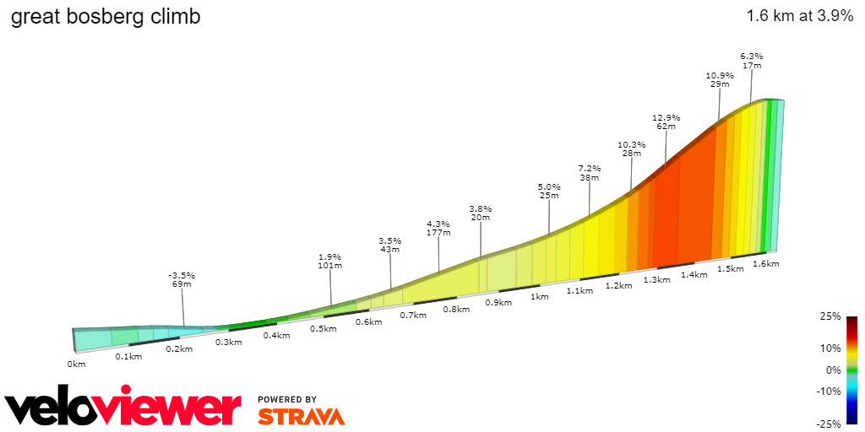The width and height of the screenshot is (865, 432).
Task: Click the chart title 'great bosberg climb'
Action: pyautogui.click(x=106, y=17)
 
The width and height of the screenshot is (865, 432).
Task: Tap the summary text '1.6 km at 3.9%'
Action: pyautogui.click(x=800, y=16)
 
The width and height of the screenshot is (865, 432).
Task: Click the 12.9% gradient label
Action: pyautogui.click(x=666, y=117)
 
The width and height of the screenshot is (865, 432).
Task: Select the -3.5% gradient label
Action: pyautogui.click(x=182, y=275)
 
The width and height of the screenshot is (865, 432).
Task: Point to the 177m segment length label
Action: pyautogui.click(x=438, y=233)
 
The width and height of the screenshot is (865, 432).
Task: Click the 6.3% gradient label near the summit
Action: pyautogui.click(x=751, y=56)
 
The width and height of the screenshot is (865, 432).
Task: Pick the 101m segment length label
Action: pyautogui.click(x=329, y=266)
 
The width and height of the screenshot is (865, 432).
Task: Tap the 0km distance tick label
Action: pyautogui.click(x=77, y=364)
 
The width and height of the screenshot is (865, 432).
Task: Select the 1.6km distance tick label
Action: pyautogui.click(x=765, y=263)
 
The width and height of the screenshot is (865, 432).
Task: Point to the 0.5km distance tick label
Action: pyautogui.click(x=324, y=328)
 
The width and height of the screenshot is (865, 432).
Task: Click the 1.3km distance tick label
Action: pyautogui.click(x=656, y=279)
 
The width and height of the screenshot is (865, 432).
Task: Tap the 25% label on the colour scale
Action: pyautogui.click(x=830, y=316)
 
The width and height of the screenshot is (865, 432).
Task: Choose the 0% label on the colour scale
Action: pyautogui.click(x=833, y=370)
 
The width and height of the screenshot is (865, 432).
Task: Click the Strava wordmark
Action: pyautogui.click(x=301, y=417)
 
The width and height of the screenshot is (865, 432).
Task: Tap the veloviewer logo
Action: pyautogui.click(x=122, y=408)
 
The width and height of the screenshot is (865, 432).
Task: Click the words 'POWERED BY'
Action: pyautogui.click(x=287, y=399)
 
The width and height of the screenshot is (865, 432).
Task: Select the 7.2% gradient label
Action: pyautogui.click(x=589, y=168)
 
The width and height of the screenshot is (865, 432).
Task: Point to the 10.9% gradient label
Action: pyautogui.click(x=720, y=75)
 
